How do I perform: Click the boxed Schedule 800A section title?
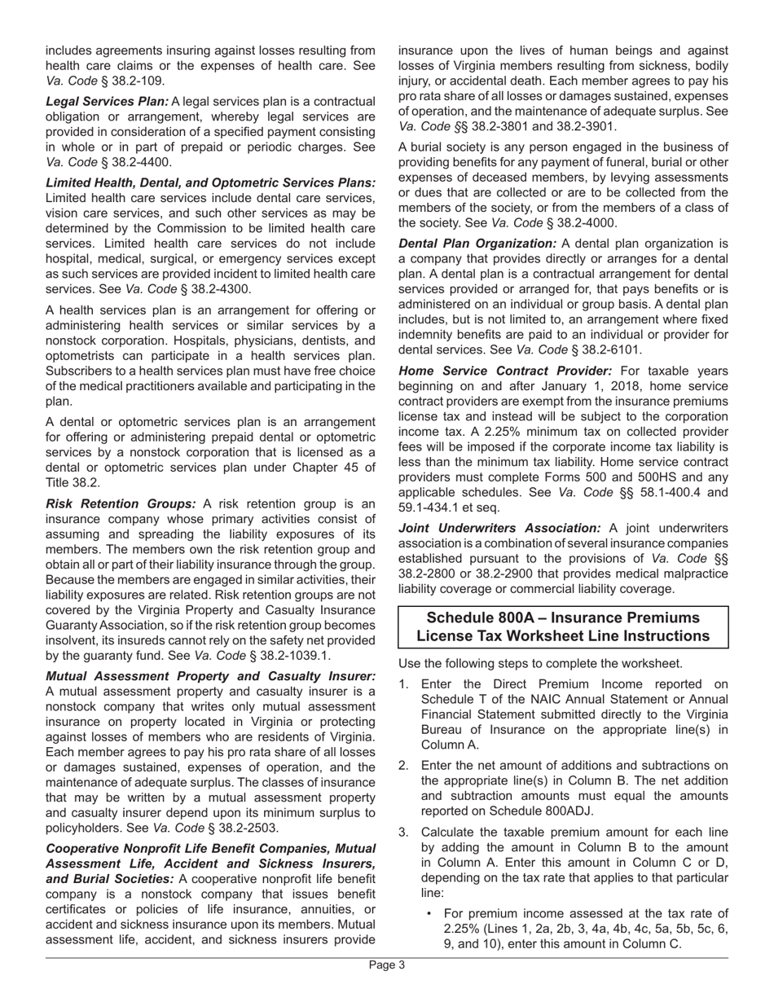pos(562,626)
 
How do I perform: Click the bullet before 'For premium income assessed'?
pos(429,914)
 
